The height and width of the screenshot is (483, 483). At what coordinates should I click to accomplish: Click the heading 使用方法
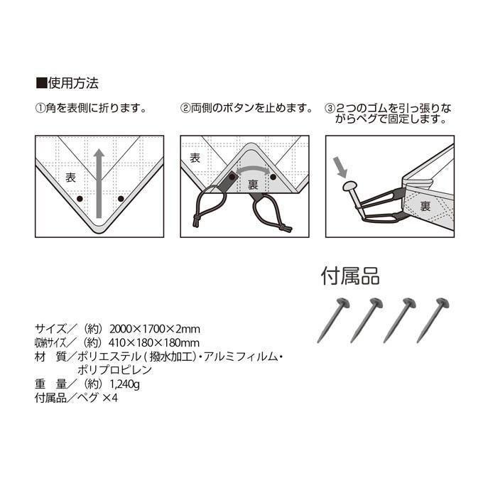[73, 83]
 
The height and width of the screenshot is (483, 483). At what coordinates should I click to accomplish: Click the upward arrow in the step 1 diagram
[99, 183]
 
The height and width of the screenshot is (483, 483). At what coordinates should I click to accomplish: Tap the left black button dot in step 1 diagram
[80, 199]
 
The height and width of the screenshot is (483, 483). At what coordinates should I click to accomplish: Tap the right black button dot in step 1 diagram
[121, 199]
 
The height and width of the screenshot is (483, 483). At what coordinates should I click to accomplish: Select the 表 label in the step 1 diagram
[70, 177]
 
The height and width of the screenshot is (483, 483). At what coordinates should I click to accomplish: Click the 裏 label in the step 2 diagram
[253, 185]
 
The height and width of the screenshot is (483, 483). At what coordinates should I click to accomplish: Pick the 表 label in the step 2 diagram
[195, 158]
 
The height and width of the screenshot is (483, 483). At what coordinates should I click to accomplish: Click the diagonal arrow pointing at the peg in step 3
[340, 167]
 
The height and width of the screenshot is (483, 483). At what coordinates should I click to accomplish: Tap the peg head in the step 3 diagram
[349, 186]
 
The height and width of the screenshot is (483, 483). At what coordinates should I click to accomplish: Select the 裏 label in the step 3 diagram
[425, 206]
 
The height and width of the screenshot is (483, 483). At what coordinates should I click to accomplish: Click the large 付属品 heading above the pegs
[350, 276]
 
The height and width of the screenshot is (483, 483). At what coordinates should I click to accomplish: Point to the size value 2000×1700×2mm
[155, 329]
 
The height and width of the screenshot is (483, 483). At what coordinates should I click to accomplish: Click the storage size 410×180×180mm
[154, 342]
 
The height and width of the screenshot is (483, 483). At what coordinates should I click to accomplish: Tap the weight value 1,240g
[125, 384]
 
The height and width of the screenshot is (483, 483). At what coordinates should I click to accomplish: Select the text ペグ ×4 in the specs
[97, 398]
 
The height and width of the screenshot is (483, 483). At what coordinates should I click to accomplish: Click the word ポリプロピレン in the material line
[114, 369]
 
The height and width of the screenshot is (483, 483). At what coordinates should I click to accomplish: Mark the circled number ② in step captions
[185, 108]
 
